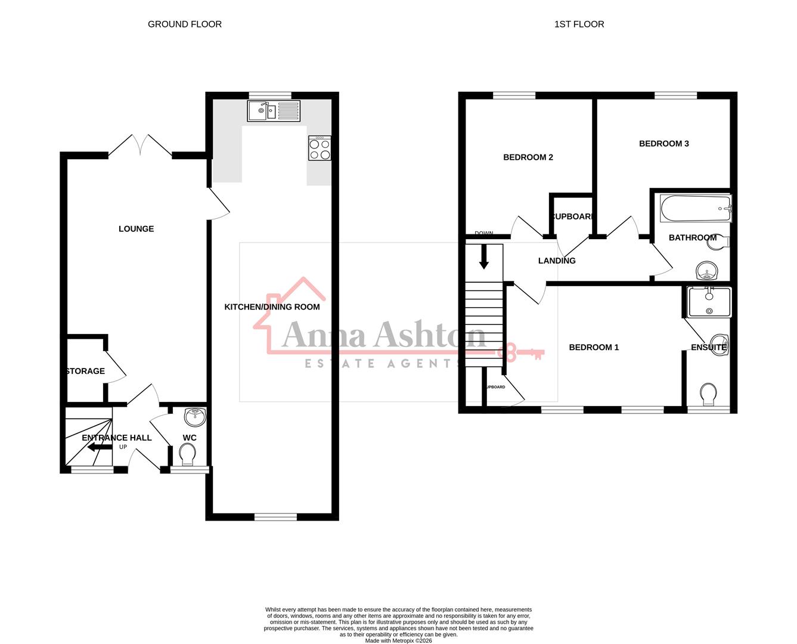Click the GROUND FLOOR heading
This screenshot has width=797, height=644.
click(185, 24)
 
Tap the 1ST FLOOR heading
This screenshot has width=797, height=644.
click(579, 24)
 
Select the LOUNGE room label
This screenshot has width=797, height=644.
click(136, 229)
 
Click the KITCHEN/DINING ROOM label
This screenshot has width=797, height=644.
click(272, 307)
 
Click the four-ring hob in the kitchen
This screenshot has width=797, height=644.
click(320, 148)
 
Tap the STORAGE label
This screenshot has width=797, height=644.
click(85, 371)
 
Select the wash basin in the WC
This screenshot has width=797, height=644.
click(195, 417)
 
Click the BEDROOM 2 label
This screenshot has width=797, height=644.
click(528, 157)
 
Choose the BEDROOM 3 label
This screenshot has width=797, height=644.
click(663, 144)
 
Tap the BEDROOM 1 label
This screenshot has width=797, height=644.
click(594, 348)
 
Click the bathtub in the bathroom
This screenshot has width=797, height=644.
click(695, 209)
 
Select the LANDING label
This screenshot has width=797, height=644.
click(557, 261)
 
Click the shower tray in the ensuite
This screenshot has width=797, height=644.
click(709, 302)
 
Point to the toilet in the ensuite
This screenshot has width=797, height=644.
click(708, 394)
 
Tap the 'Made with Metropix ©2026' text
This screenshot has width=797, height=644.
click(398, 641)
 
